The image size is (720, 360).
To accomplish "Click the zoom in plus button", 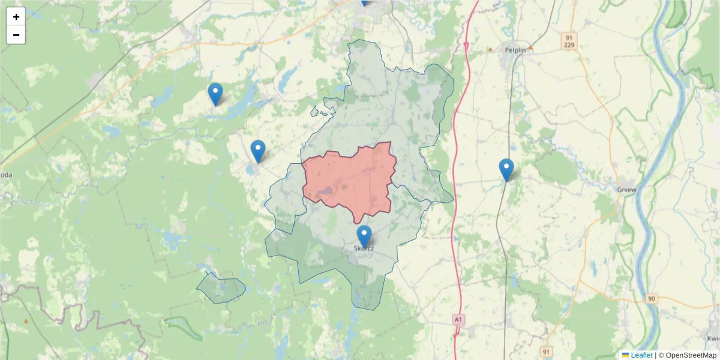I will pos(16,17).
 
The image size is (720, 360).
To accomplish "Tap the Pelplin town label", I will pos(515,50).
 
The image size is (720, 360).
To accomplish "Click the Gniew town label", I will pos(626,189).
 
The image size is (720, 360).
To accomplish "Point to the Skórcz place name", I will pos(364,248).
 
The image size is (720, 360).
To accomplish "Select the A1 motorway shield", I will pos(458,320).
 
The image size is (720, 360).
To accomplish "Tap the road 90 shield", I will pos(652,298).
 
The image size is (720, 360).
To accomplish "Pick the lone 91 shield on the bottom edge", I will pos(546,351).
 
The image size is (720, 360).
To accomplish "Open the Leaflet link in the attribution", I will pos(641,355).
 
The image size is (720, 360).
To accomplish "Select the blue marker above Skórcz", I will pos(364,236).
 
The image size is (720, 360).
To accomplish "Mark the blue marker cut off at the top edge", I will pos(364,2).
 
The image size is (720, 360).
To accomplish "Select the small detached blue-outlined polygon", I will pos(221,288).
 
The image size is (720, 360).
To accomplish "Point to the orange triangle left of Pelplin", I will pos(490,49).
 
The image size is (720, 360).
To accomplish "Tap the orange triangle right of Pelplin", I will pos(530,47).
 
